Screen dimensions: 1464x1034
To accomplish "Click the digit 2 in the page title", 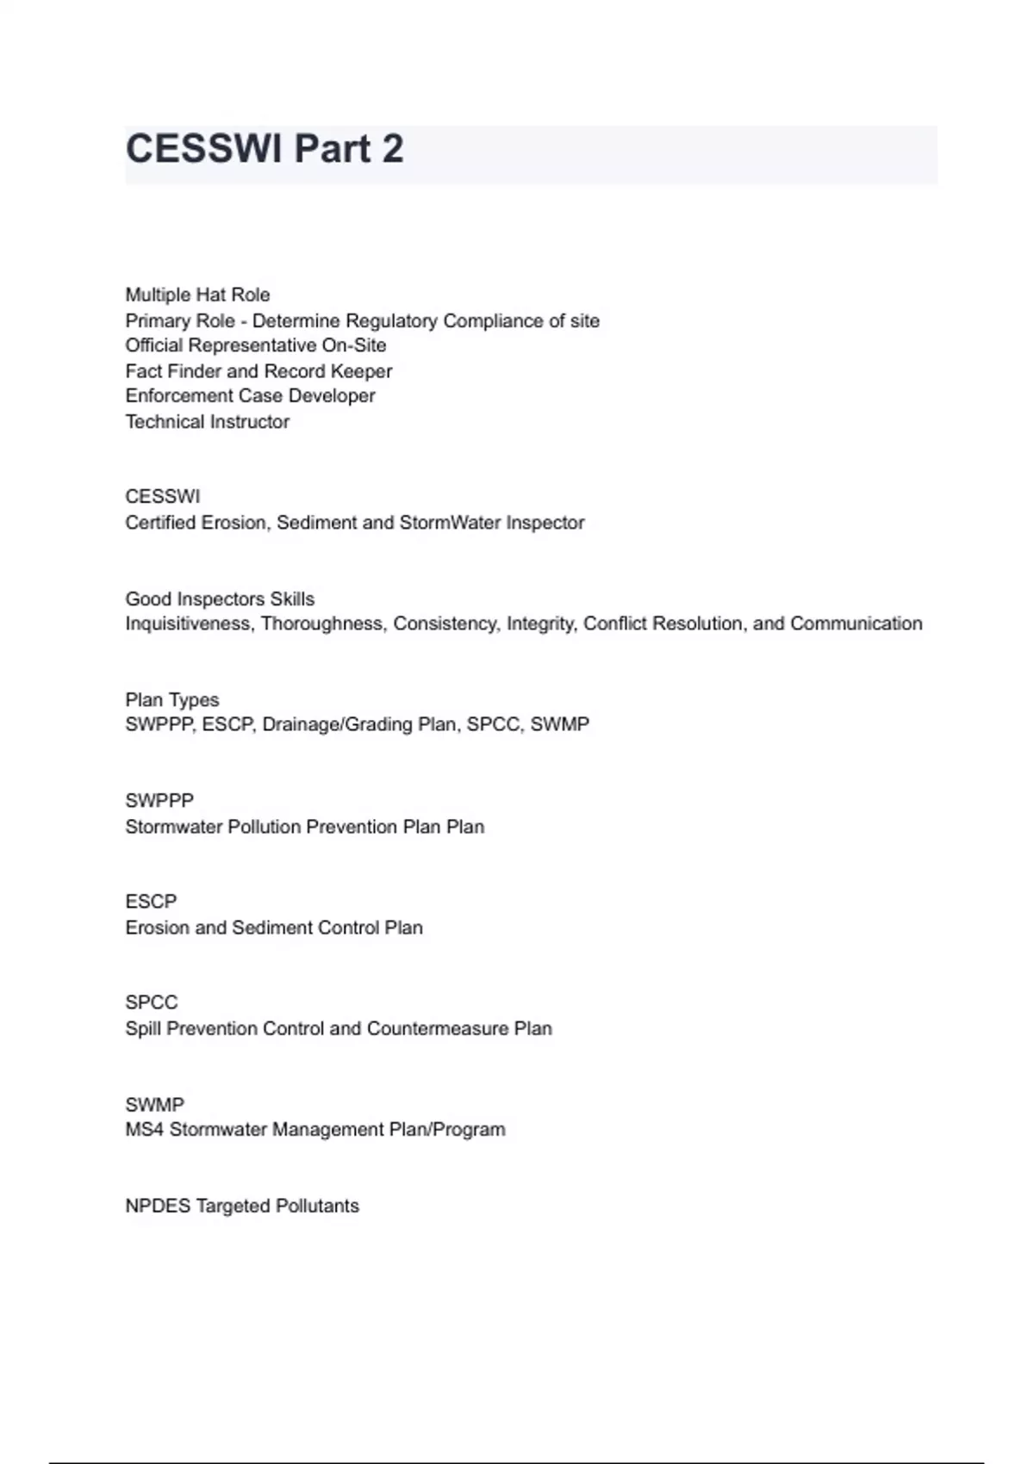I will [x=392, y=149].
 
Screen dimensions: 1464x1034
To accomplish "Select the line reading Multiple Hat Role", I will [x=197, y=295].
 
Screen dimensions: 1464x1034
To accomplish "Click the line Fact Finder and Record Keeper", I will [x=258, y=371].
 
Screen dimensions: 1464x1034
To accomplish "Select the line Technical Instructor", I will [x=207, y=422].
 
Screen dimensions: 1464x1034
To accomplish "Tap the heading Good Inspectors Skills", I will [x=220, y=599].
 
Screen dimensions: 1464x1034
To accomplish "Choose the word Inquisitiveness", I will [x=189, y=623].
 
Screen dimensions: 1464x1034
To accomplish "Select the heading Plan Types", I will [x=172, y=699].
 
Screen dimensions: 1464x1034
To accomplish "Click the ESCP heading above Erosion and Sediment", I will [x=151, y=902].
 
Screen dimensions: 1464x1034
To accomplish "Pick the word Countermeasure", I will [x=438, y=1028].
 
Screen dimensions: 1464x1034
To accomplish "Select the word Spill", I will [x=143, y=1028].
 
